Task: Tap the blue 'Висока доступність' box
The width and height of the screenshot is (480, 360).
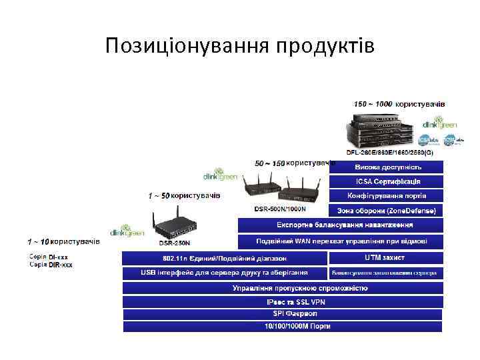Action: [387, 167]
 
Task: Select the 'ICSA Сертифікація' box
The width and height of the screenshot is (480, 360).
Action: [387, 181]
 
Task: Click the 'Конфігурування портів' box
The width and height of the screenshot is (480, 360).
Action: [387, 196]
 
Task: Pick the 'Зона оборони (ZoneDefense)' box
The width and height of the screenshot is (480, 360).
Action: [387, 211]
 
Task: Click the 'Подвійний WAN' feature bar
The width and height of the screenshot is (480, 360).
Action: [340, 241]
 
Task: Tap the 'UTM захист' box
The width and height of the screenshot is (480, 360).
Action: [385, 257]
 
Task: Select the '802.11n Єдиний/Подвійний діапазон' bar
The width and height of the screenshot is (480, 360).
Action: [224, 258]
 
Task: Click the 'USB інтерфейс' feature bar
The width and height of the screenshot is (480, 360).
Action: [224, 273]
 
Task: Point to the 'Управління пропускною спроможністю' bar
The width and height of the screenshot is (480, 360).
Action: [282, 288]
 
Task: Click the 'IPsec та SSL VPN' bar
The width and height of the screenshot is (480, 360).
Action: [282, 302]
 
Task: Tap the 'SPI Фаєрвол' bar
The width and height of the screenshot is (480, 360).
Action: [282, 313]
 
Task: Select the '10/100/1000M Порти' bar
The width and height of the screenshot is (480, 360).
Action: [282, 326]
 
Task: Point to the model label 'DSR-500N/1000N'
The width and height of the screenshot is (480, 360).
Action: [281, 209]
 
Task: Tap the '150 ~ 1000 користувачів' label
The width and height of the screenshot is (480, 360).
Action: [399, 104]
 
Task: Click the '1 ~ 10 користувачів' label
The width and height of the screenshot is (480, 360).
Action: [63, 241]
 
